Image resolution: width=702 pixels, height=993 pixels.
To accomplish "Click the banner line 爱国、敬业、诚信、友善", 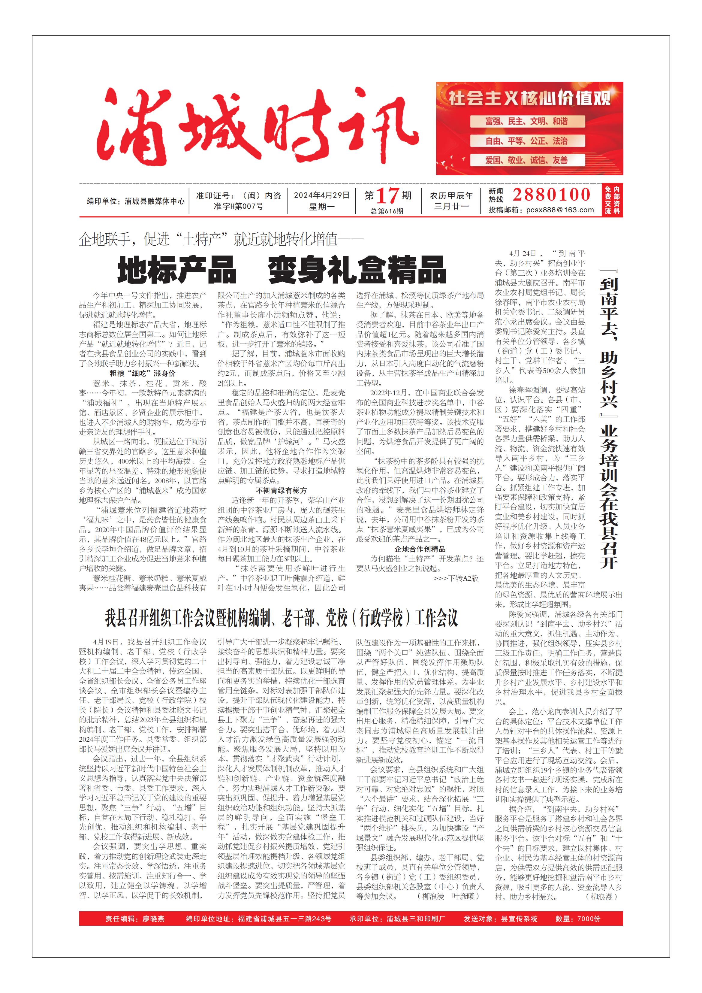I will coord(526,160).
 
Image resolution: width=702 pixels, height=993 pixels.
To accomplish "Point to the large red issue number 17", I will coord(387,196).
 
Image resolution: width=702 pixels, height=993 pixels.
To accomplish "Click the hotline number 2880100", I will coord(552,195).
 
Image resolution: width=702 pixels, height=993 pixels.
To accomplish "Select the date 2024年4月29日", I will coord(322,195).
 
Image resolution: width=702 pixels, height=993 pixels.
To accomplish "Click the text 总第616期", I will coord(387,211).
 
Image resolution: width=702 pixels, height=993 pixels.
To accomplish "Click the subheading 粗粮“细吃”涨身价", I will coord(142,373).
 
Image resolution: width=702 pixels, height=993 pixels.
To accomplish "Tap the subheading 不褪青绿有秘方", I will coord(282,490).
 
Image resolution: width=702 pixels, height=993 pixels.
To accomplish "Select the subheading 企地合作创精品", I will coord(420,549).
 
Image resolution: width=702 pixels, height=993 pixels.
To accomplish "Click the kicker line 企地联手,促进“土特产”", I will coord(221,239).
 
